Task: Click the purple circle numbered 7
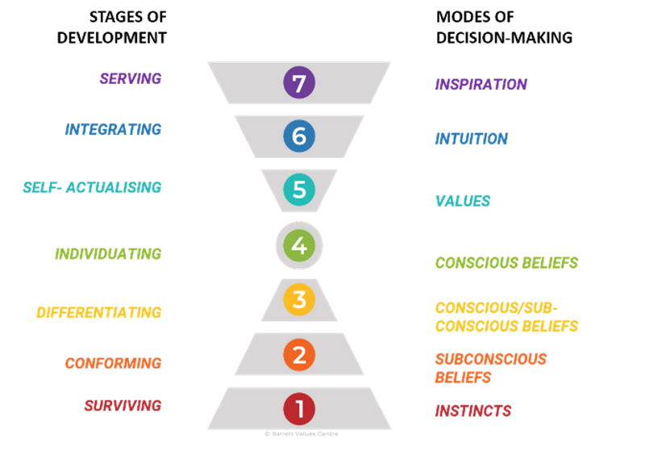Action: [299, 83]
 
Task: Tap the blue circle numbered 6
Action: [299, 136]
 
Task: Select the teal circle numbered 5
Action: [299, 190]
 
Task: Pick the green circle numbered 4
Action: [299, 245]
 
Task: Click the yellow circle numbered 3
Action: [299, 299]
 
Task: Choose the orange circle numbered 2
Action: [299, 354]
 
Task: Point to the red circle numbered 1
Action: [299, 408]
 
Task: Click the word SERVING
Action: [131, 79]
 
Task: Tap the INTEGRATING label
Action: [113, 129]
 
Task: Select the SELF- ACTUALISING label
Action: [92, 187]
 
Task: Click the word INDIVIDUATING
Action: [108, 253]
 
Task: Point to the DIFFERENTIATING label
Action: [99, 312]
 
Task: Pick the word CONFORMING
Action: [113, 362]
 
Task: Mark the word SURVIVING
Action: [123, 405]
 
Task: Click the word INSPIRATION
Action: [481, 84]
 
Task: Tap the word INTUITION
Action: [472, 139]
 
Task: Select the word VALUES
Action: [463, 201]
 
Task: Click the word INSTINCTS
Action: [473, 411]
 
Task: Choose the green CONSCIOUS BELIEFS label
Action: [506, 262]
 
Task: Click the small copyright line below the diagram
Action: [302, 433]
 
